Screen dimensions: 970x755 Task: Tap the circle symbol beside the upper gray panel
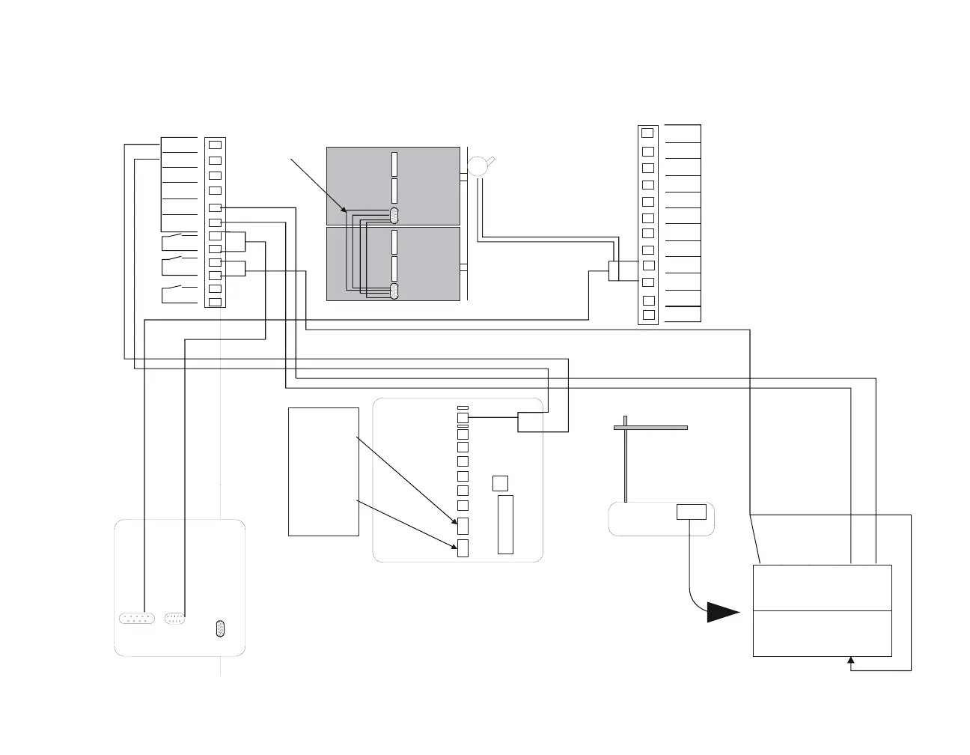coord(477,166)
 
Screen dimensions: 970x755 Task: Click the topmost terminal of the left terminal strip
coord(215,145)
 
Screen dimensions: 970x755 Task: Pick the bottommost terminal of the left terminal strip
coord(215,302)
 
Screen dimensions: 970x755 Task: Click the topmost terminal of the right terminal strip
coord(647,133)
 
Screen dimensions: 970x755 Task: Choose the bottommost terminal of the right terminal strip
coord(648,315)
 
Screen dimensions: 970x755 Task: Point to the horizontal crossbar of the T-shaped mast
coord(650,428)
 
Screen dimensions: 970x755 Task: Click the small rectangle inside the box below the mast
coord(691,512)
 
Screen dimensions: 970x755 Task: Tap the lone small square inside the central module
coord(501,483)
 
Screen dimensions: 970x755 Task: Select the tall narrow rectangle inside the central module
coord(505,524)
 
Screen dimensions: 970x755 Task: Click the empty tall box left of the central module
coord(323,472)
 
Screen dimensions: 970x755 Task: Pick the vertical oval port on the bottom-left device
coord(220,628)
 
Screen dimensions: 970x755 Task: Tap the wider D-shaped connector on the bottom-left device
coord(138,619)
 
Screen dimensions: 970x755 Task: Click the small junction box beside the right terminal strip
coord(614,271)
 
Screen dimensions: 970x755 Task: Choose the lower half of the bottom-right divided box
coord(822,634)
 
